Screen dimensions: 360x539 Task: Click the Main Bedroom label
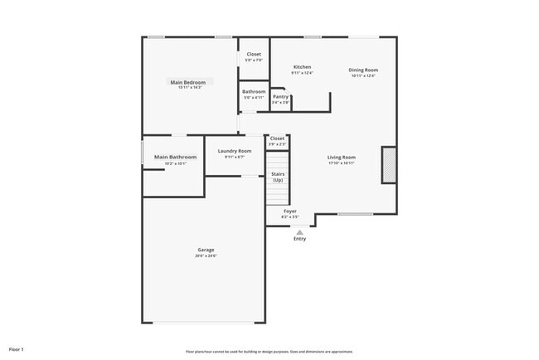click(188, 82)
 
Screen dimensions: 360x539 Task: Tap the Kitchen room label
click(302, 66)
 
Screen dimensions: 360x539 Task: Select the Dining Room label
click(363, 70)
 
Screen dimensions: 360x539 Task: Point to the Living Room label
click(341, 157)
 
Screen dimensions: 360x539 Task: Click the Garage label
click(206, 250)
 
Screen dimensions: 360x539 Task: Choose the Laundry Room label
click(235, 151)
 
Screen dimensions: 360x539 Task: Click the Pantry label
click(280, 96)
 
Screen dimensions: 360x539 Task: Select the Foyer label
click(290, 211)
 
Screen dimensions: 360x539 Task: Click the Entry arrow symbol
click(299, 232)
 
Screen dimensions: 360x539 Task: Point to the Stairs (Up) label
click(278, 177)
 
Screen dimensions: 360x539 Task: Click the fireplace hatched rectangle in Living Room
click(387, 165)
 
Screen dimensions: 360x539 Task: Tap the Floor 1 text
click(17, 349)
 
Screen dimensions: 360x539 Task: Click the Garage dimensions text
click(206, 255)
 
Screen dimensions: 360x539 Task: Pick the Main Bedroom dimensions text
click(188, 88)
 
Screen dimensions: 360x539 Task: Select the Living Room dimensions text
click(341, 163)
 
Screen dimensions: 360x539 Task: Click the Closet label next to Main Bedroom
click(253, 55)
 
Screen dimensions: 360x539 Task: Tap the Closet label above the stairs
click(277, 138)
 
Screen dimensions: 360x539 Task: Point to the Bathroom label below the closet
click(254, 91)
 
